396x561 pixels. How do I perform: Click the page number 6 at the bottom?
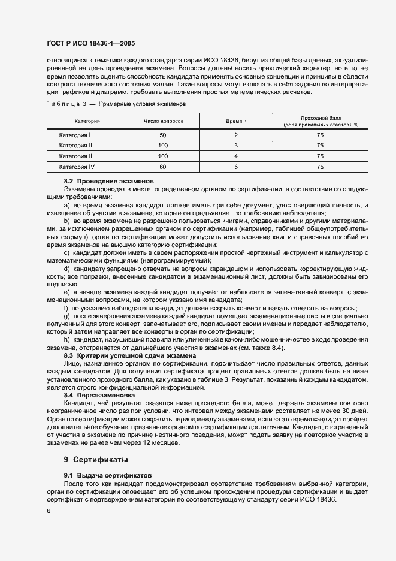(49, 510)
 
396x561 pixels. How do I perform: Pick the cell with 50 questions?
(163, 135)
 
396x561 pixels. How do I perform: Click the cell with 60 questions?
(163, 167)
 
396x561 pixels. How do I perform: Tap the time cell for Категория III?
(236, 156)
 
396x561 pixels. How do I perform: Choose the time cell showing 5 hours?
(236, 167)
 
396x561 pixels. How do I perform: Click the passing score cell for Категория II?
(321, 146)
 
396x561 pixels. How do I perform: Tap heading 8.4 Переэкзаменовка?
(99, 395)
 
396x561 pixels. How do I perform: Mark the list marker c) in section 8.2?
(66, 252)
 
